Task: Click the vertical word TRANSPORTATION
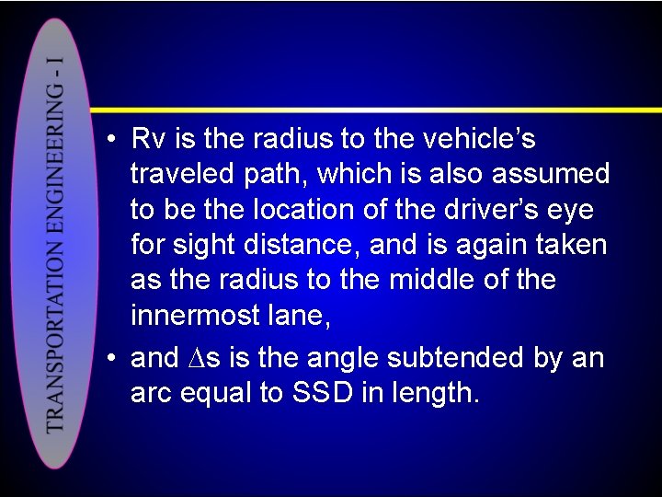click(54, 341)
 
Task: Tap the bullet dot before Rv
click(109, 141)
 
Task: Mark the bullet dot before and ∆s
click(109, 358)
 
